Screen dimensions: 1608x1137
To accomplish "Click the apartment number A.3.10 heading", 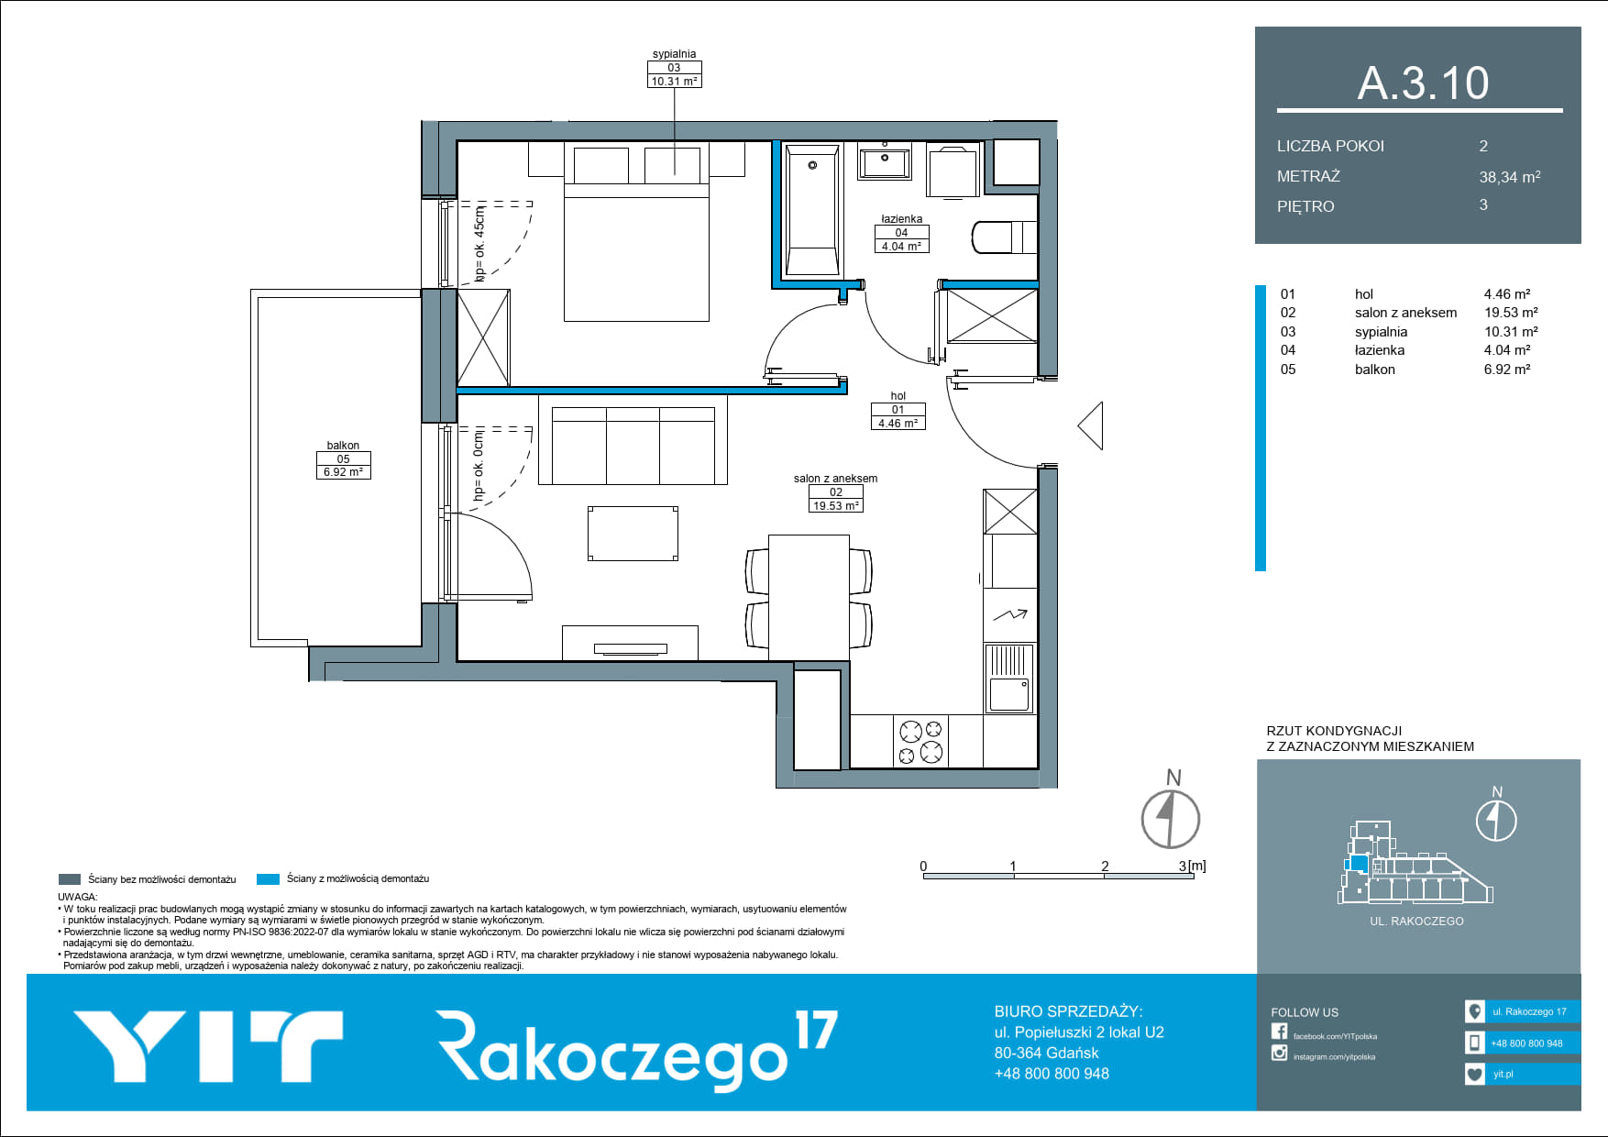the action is [1423, 83].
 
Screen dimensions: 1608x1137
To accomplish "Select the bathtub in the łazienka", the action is [812, 211].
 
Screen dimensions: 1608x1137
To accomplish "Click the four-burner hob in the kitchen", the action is [920, 742].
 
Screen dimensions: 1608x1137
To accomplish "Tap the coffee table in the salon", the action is [633, 534].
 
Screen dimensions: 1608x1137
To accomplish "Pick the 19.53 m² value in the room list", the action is [1511, 313].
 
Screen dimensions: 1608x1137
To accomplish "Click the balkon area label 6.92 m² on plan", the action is [343, 472].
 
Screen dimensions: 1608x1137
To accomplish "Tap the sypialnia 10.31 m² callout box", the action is [674, 74].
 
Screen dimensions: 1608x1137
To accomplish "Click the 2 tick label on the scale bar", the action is [1105, 866].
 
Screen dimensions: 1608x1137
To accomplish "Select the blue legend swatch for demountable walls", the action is [268, 879].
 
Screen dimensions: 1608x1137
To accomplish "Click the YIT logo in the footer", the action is [208, 1045].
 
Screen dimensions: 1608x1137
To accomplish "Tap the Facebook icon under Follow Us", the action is [1279, 1032].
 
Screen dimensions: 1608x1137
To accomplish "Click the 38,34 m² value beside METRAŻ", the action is [1510, 177].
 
